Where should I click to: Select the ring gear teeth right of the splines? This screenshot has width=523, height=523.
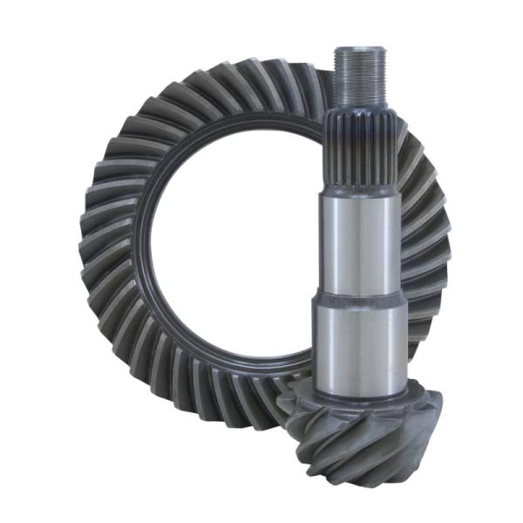coord(414,157)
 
